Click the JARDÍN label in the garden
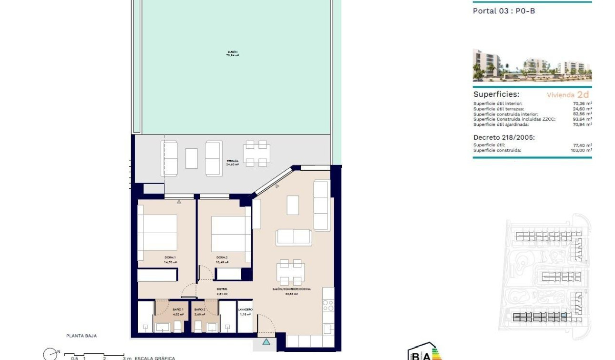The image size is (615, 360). [x=232, y=52]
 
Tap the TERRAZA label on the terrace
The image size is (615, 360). [x=232, y=162]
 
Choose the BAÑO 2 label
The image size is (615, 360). [x=200, y=310]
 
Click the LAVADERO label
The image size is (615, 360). [x=245, y=310]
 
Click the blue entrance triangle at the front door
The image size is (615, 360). [x=266, y=341]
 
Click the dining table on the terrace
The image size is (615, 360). [x=256, y=154]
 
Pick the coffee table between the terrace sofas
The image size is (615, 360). [x=192, y=158]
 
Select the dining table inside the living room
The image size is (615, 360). [x=290, y=272]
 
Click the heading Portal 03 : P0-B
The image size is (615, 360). [x=503, y=11]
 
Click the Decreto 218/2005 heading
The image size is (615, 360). [x=504, y=137]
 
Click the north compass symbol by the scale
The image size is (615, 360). [x=50, y=354]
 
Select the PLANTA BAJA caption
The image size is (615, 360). [x=82, y=336]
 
